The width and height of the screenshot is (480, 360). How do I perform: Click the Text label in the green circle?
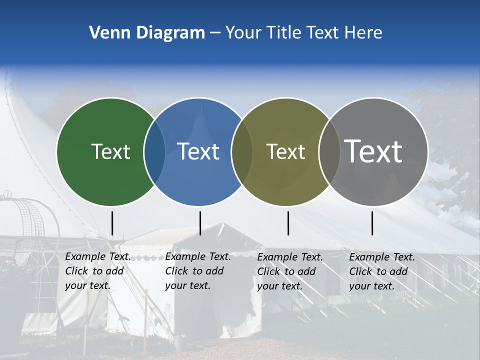click(x=110, y=151)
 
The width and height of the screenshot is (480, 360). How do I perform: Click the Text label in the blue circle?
click(x=198, y=151)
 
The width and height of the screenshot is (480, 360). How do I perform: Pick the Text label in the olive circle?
click(x=285, y=151)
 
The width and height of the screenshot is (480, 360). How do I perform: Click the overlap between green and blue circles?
click(x=154, y=151)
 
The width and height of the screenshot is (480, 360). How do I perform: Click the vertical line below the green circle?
click(x=112, y=223)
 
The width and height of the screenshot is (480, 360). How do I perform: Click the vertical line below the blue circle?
click(x=200, y=223)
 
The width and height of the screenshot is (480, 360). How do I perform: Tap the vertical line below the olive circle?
click(x=288, y=223)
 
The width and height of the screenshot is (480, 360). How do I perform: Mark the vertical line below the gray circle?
click(x=372, y=223)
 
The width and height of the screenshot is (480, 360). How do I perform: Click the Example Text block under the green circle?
click(x=98, y=271)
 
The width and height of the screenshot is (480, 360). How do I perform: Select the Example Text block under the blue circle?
click(x=198, y=271)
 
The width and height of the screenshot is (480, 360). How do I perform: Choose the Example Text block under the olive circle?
click(x=290, y=271)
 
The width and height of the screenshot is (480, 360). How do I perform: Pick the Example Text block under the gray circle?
click(x=382, y=271)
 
